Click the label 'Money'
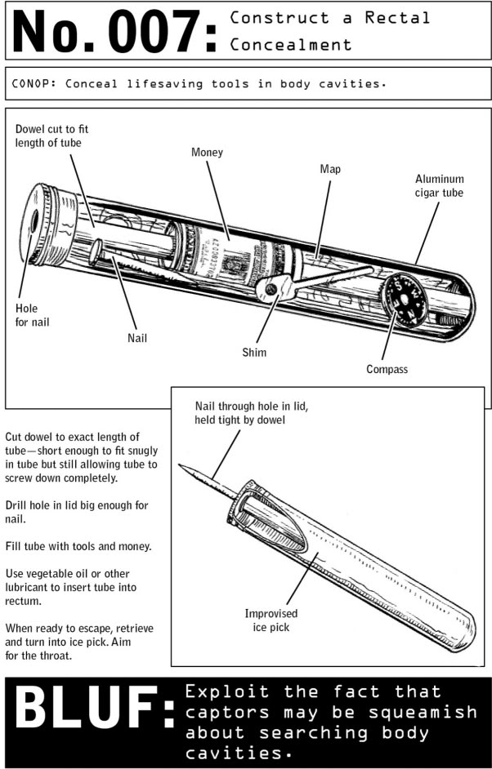tap(207, 153)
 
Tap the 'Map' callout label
tap(330, 169)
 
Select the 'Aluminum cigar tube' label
tap(439, 185)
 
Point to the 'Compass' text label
tap(387, 369)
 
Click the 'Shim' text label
tap(254, 353)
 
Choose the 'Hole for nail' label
tap(32, 315)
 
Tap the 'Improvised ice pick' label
tap(271, 620)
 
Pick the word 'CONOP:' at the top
tap(34, 83)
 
